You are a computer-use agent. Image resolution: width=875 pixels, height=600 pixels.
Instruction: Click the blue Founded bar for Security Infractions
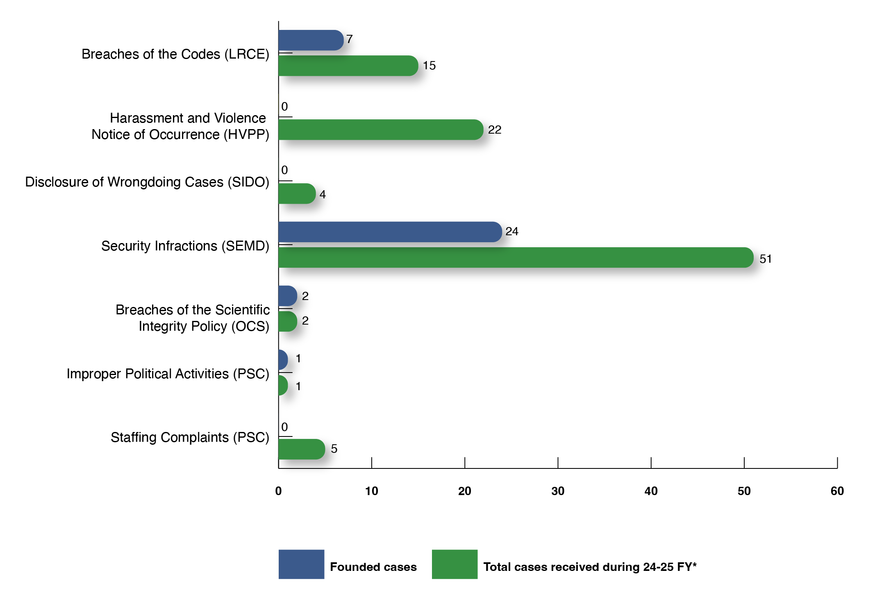tap(389, 232)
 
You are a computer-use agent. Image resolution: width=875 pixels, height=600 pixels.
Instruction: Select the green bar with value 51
tap(516, 257)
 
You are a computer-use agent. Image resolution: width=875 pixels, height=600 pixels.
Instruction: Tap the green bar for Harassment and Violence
tap(380, 130)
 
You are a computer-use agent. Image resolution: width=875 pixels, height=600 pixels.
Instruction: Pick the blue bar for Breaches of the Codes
tap(310, 40)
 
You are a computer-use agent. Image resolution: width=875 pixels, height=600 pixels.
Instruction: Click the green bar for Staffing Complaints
tap(301, 449)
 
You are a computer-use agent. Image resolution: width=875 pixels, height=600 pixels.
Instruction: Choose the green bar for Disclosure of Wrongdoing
tap(296, 193)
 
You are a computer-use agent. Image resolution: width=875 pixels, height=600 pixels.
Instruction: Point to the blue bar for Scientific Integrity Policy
tap(287, 296)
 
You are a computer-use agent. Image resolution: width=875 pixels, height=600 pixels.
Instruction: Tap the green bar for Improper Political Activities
tap(283, 385)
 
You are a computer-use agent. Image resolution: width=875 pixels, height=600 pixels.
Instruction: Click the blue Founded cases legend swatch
tap(301, 564)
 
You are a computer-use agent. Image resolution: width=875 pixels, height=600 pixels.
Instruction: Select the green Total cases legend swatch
tap(455, 564)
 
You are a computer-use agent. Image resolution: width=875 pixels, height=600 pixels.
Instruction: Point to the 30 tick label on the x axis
tap(558, 491)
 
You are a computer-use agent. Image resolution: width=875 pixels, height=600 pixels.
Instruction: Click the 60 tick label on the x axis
tap(837, 491)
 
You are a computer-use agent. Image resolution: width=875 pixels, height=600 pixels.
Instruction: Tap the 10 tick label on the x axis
tap(371, 491)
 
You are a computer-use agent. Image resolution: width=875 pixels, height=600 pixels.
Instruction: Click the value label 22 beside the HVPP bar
tap(495, 130)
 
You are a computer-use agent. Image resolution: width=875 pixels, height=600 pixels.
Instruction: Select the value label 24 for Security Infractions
tap(512, 232)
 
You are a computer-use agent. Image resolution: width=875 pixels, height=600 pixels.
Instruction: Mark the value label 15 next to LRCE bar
tap(429, 66)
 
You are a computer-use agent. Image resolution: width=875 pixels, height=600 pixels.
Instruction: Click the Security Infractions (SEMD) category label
tap(185, 246)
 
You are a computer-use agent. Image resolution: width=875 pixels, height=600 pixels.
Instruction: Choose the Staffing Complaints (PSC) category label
tap(190, 437)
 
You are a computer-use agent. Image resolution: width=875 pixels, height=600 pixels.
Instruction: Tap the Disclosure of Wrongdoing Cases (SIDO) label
tap(147, 182)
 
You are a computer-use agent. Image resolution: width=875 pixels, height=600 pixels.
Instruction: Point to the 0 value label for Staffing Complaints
tap(284, 427)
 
